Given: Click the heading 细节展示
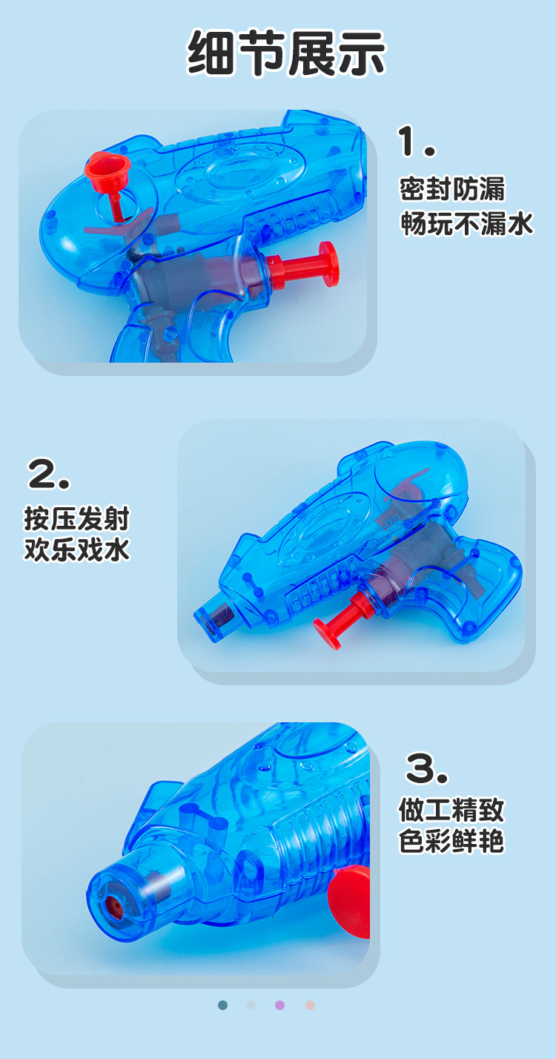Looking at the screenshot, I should (285, 53).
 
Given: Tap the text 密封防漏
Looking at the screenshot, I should (451, 189).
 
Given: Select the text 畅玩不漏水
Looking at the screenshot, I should (467, 223).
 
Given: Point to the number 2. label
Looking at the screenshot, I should (49, 474).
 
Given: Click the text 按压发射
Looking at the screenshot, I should (76, 518).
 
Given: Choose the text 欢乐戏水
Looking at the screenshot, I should (76, 550).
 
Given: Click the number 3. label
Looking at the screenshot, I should (427, 768).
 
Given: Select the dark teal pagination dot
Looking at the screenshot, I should (223, 1005).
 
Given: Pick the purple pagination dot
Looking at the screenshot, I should (279, 1005).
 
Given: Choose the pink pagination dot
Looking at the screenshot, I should (310, 1005).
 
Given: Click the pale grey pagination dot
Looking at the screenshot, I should (251, 1005).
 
